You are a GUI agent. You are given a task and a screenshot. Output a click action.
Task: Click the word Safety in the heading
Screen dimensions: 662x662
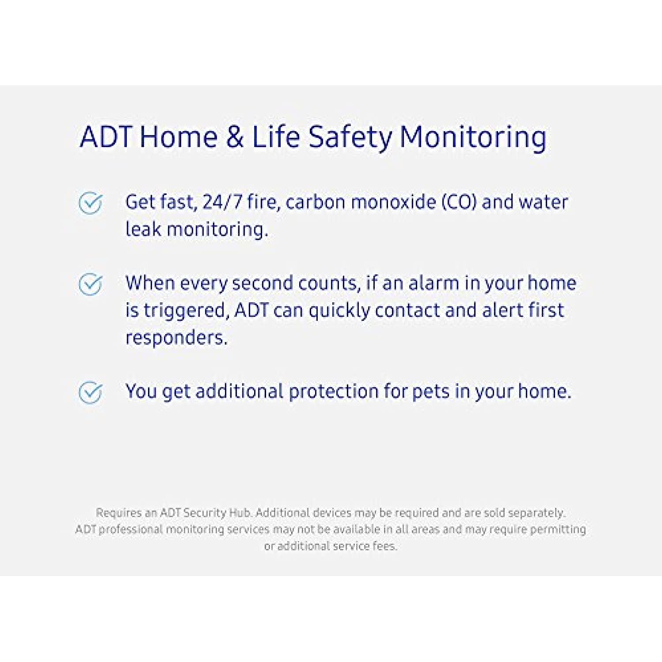click(350, 137)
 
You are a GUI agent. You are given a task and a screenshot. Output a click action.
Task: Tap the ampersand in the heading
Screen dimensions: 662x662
click(234, 136)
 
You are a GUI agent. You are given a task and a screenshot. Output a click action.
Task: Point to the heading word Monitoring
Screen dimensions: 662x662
click(473, 138)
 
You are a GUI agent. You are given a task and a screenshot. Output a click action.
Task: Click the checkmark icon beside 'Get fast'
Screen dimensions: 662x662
click(90, 203)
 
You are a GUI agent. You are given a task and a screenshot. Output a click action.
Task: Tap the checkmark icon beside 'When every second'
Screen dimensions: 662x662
click(90, 284)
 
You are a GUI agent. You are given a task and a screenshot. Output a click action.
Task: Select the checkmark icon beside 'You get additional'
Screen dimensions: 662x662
click(90, 392)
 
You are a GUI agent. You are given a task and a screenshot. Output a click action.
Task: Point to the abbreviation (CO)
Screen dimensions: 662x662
click(459, 202)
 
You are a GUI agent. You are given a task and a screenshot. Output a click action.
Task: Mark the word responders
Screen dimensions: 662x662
click(177, 338)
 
